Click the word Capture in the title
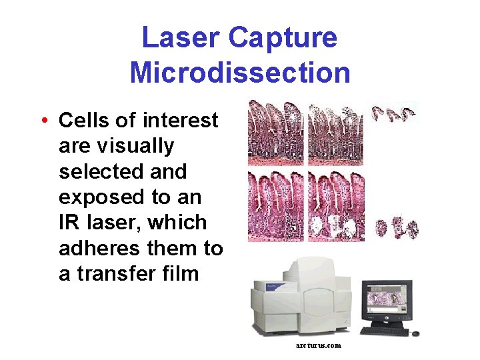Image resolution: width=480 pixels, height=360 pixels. coord(283,38)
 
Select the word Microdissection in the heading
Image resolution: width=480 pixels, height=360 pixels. coord(240,72)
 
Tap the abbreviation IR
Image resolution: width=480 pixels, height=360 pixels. coord(69,223)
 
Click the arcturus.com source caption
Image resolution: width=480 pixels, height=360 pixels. coord(318,345)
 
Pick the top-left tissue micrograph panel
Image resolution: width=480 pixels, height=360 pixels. coord(275,133)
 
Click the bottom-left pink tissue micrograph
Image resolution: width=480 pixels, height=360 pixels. coord(275,207)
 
